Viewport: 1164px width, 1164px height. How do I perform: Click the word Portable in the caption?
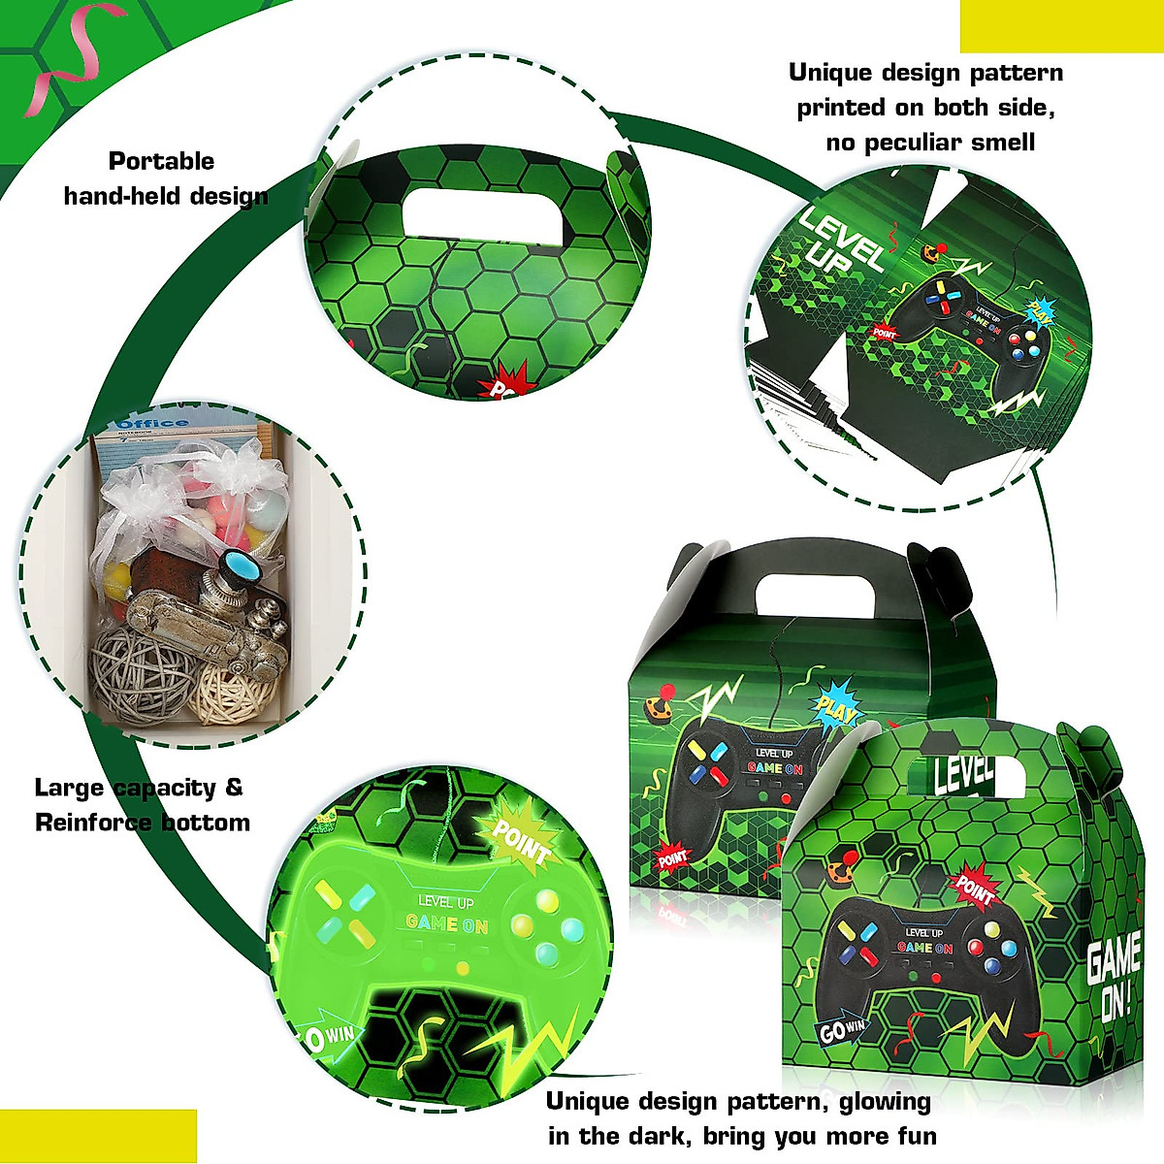[x=161, y=161]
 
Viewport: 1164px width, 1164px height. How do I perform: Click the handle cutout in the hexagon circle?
[x=483, y=215]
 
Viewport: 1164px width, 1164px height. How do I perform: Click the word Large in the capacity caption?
[x=71, y=788]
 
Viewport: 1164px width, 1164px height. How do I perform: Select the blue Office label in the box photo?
[x=152, y=424]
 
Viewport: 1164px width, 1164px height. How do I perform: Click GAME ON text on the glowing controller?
[x=446, y=923]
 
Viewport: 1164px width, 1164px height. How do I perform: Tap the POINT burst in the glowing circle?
[x=519, y=840]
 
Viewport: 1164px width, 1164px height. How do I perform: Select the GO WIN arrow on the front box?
[x=841, y=1030]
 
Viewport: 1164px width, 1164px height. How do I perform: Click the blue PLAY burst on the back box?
[x=836, y=708]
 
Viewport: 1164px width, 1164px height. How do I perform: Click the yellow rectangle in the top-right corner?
[x=1061, y=26]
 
